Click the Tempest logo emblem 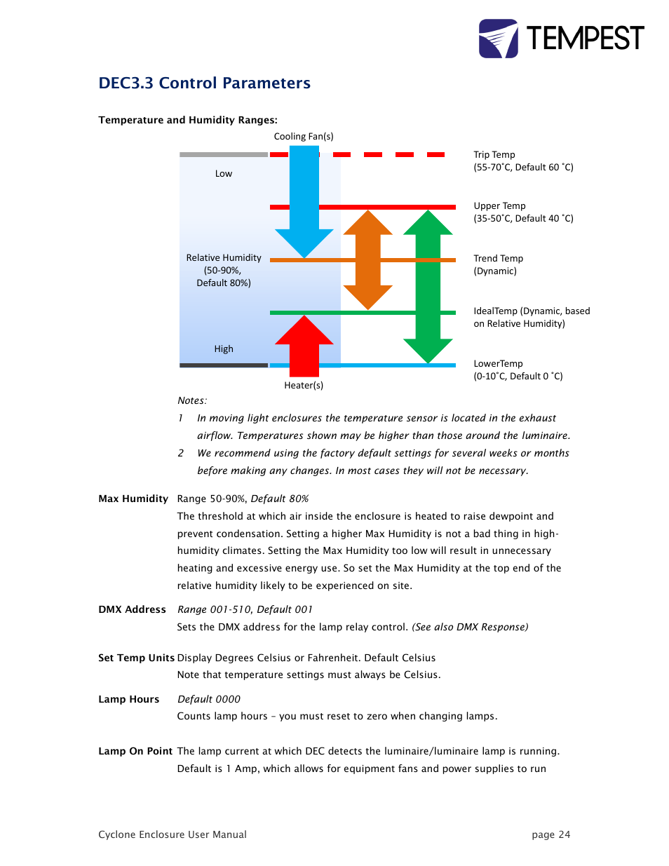(x=498, y=39)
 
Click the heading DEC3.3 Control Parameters (x=204, y=83)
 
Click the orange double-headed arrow (x=367, y=259)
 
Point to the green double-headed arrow (x=428, y=286)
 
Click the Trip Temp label (x=494, y=154)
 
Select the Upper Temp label (x=499, y=205)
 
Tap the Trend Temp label (x=498, y=258)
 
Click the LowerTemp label (x=498, y=363)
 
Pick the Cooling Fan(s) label (x=304, y=136)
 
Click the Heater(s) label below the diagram (x=304, y=385)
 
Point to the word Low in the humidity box (x=224, y=173)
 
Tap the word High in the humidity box (x=224, y=349)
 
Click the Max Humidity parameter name (x=133, y=499)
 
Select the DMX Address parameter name (x=132, y=609)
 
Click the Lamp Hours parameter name (x=128, y=699)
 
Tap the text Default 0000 (x=209, y=699)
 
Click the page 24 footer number (x=550, y=834)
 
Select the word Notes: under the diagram (x=192, y=400)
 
